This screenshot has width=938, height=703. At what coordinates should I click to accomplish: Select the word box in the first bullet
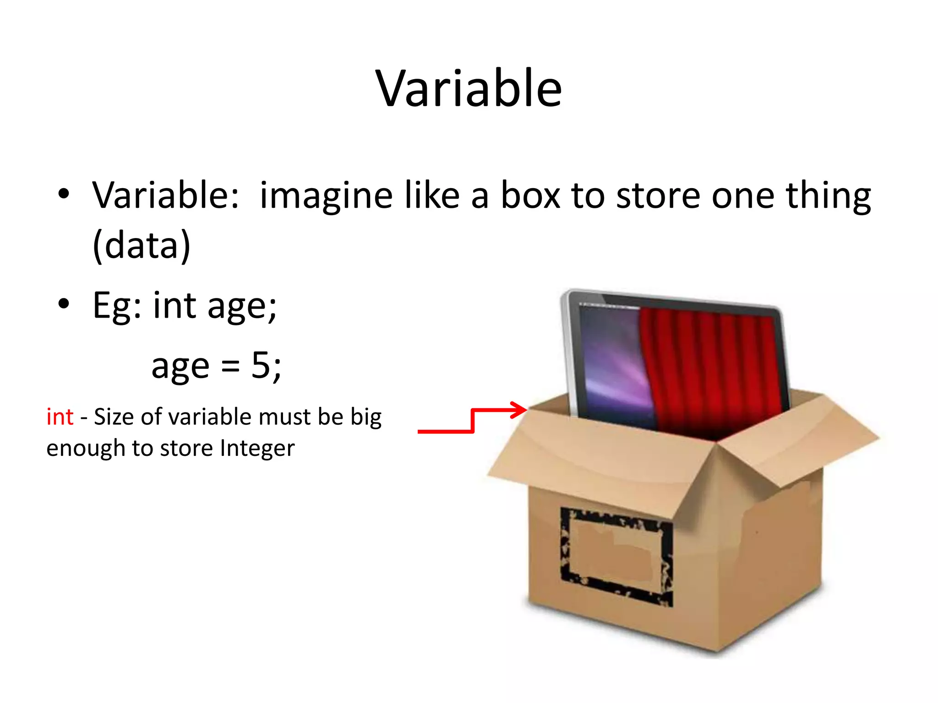tap(530, 196)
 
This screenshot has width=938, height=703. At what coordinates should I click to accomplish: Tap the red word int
tap(60, 417)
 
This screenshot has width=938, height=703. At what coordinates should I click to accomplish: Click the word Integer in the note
tap(257, 448)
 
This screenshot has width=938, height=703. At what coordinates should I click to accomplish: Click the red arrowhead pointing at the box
tap(519, 410)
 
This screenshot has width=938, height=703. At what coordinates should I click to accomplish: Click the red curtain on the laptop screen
tap(714, 371)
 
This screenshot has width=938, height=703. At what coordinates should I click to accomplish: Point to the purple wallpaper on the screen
tap(609, 362)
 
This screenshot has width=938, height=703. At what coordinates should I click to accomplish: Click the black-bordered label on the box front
tap(616, 556)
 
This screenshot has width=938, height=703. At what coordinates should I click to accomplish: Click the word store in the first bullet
tap(658, 196)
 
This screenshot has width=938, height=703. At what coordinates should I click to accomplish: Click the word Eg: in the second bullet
tap(117, 306)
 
